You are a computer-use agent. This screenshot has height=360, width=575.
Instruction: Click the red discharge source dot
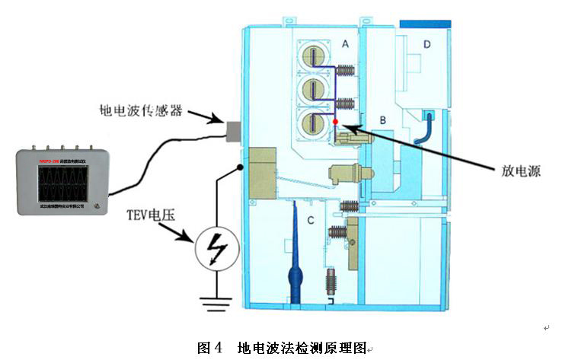335,122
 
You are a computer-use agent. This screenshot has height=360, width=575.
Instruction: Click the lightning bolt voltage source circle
216,249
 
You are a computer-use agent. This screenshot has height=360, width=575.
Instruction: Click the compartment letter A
345,45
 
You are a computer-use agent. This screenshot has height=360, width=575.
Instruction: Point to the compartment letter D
427,45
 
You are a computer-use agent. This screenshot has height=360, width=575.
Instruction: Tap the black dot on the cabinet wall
241,166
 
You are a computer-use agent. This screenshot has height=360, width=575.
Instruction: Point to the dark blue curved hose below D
423,130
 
